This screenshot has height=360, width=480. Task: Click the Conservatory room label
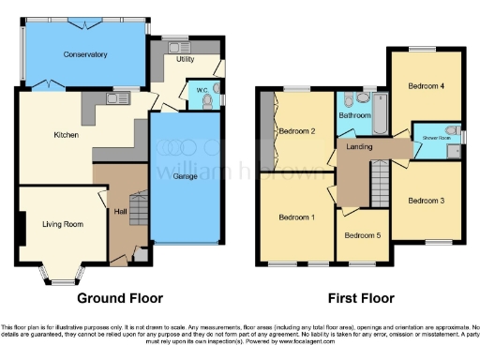tap(85, 54)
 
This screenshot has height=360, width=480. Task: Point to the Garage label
tap(184, 175)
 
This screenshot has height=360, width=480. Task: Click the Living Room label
tap(62, 224)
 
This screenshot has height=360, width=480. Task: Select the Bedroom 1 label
tap(296, 217)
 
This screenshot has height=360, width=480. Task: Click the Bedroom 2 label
tap(296, 131)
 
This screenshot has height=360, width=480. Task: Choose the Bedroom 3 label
tap(426, 200)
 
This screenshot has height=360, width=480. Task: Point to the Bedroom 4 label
tap(426, 85)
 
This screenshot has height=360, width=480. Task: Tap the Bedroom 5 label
tap(362, 234)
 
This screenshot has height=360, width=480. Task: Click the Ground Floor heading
tap(121, 299)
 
